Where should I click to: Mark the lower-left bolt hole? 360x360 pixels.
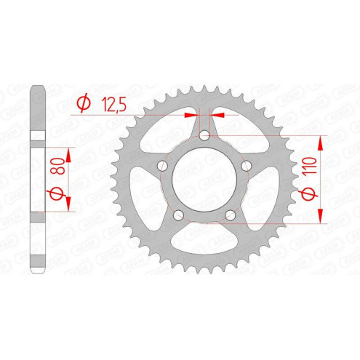pyautogui.click(x=179, y=214)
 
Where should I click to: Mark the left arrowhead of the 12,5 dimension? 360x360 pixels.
pyautogui.click(x=191, y=114)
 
